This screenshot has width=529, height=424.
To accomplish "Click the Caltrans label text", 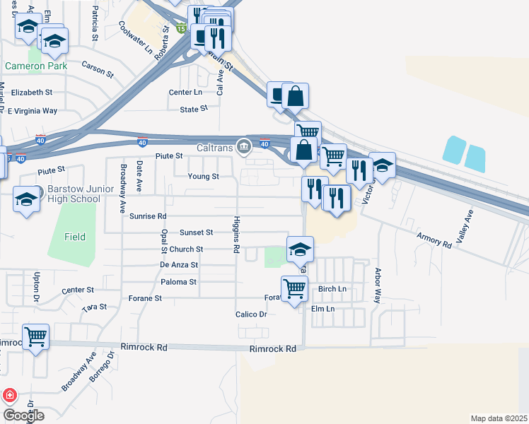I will coord(214,146).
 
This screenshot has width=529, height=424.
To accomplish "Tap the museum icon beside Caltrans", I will coord(244,146).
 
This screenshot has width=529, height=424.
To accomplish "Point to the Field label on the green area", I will coord(75,237).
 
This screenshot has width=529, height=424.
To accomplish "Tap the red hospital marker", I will coord(9,396).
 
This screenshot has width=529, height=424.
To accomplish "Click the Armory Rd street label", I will coord(434,239).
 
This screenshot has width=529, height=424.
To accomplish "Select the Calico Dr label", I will coord(251,314).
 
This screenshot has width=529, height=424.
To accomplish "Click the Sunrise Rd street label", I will coord(148,216).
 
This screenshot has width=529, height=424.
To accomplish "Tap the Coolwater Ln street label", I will coord(135,37).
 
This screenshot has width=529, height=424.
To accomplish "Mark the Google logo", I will coord(23,415).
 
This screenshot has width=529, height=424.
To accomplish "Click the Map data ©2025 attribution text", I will coord(498,418).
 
